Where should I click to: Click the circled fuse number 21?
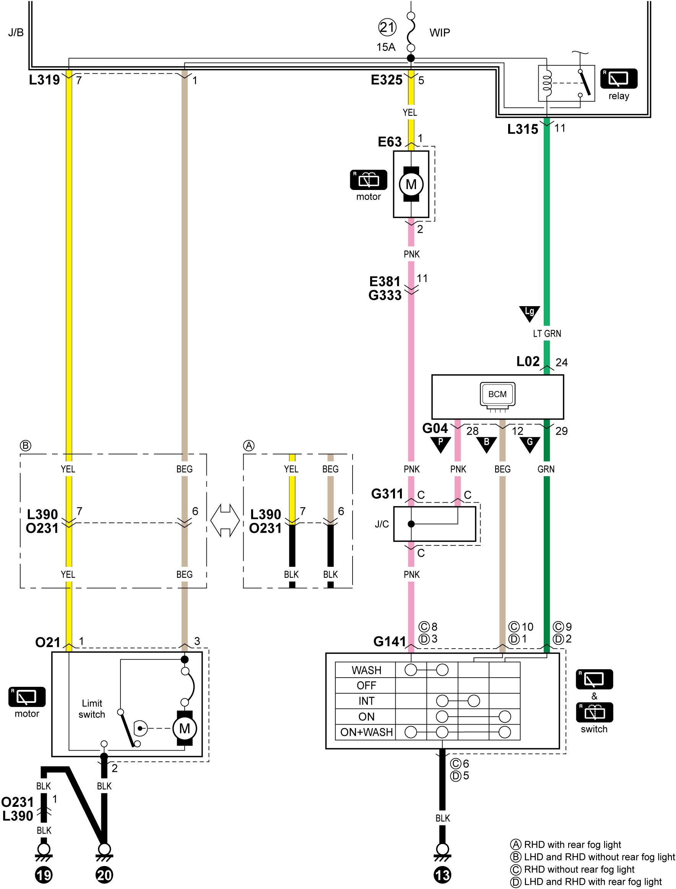(387, 28)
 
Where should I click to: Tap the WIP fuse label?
(439, 32)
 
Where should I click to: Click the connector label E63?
(390, 141)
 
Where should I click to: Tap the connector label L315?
(522, 129)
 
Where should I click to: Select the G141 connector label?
(390, 641)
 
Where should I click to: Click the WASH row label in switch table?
(366, 670)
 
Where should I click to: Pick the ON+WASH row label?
(366, 732)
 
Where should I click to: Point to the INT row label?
(366, 701)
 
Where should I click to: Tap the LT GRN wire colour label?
(547, 334)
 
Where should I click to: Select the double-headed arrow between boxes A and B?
(225, 521)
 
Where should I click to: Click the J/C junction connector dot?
(411, 524)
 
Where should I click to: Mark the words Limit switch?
(92, 709)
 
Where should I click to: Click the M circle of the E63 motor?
(411, 184)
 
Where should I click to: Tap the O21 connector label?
(47, 642)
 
